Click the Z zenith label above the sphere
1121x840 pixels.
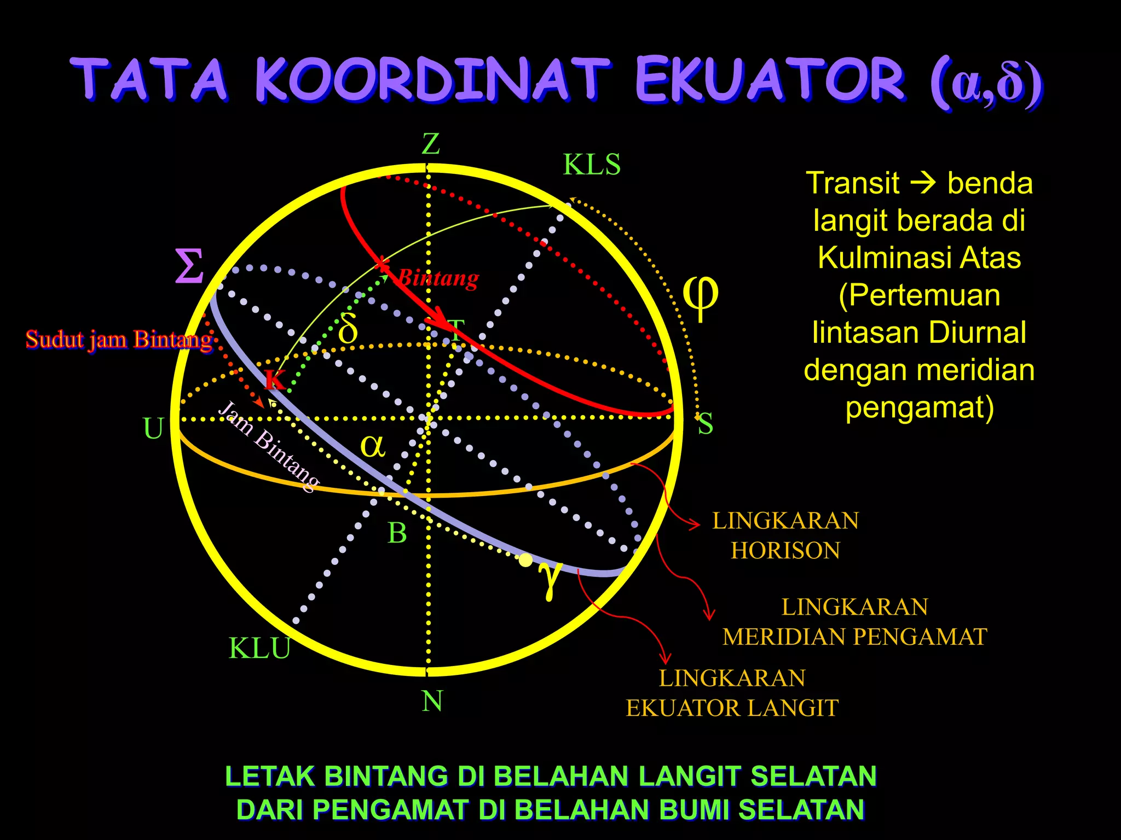(x=431, y=145)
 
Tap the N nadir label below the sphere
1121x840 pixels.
(x=432, y=701)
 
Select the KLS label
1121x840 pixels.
(x=592, y=165)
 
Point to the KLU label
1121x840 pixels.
(x=259, y=649)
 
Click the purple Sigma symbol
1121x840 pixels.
(x=189, y=266)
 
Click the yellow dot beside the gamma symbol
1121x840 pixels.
(x=525, y=560)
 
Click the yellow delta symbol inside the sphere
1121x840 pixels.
(x=348, y=329)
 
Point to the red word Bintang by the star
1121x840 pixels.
(x=438, y=278)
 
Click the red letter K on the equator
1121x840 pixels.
(x=275, y=379)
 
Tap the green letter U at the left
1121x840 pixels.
(x=153, y=429)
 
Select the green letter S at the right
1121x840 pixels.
(x=705, y=424)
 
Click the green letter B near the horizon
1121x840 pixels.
(x=397, y=533)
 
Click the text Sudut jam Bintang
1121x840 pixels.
(x=119, y=340)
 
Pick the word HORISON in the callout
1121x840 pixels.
(x=785, y=551)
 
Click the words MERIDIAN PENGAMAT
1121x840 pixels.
(x=854, y=637)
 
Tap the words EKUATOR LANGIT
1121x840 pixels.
(x=732, y=708)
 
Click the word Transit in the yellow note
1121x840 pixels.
(x=852, y=183)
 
